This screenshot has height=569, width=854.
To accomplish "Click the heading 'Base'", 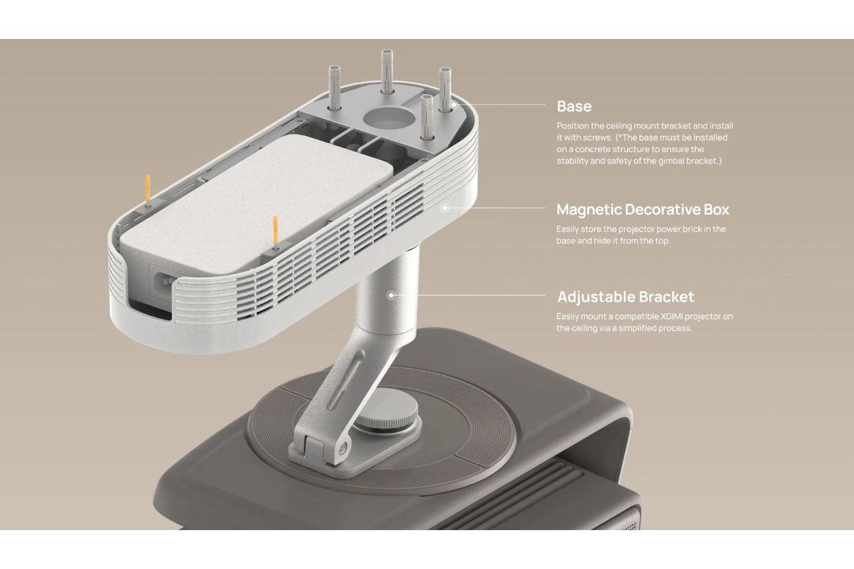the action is click(x=574, y=106).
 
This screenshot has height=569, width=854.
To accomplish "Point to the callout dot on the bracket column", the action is click(x=391, y=295).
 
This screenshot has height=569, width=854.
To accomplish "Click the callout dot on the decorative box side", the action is click(x=444, y=208).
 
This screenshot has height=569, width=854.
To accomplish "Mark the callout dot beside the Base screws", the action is click(x=454, y=104).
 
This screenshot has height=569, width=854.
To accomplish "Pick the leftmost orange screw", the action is click(x=147, y=189).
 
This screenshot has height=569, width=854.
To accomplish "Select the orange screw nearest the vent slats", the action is click(x=275, y=233).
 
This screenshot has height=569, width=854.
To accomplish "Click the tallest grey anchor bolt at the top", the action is click(x=387, y=72).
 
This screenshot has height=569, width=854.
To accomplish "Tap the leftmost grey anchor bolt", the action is click(x=334, y=88).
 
